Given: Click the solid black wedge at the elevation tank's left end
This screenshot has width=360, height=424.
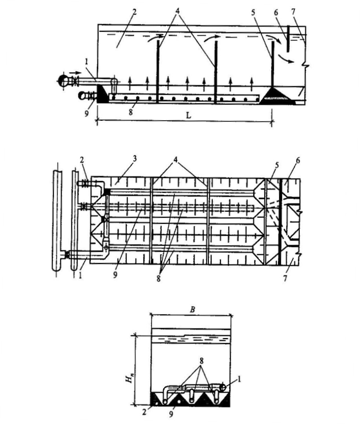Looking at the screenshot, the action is click(103, 94).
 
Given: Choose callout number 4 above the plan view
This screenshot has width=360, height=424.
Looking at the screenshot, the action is click(176, 158).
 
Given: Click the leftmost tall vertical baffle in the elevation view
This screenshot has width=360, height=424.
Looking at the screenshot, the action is click(158, 69).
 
